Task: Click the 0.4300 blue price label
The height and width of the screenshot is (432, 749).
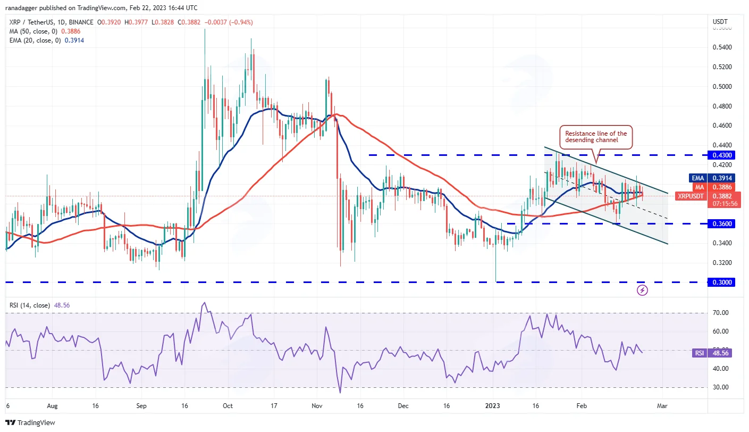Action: click(x=721, y=155)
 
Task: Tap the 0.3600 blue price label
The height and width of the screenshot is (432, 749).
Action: click(x=721, y=223)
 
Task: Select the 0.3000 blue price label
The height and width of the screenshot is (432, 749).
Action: click(x=721, y=282)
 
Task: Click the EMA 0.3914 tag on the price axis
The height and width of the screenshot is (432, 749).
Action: click(x=712, y=178)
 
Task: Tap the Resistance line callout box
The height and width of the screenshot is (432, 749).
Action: click(x=596, y=137)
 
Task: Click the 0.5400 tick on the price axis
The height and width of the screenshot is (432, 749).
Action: click(x=722, y=47)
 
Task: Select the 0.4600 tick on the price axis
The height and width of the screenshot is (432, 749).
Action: click(x=722, y=126)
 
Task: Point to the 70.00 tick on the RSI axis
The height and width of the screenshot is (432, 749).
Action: click(x=721, y=312)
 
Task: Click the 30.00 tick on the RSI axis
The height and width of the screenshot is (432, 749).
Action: click(x=721, y=387)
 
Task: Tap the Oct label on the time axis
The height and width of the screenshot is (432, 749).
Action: click(x=228, y=406)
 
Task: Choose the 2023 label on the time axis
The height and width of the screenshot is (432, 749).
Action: click(x=493, y=406)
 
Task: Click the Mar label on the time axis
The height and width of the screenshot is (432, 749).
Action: click(x=662, y=406)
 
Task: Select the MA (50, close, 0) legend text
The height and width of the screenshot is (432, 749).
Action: click(x=33, y=31)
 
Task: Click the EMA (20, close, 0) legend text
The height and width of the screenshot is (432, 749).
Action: click(x=35, y=40)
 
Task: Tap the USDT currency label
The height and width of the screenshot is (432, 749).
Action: click(x=720, y=22)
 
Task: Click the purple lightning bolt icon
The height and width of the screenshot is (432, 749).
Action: click(x=642, y=290)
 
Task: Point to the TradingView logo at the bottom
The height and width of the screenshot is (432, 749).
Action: click(x=30, y=422)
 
